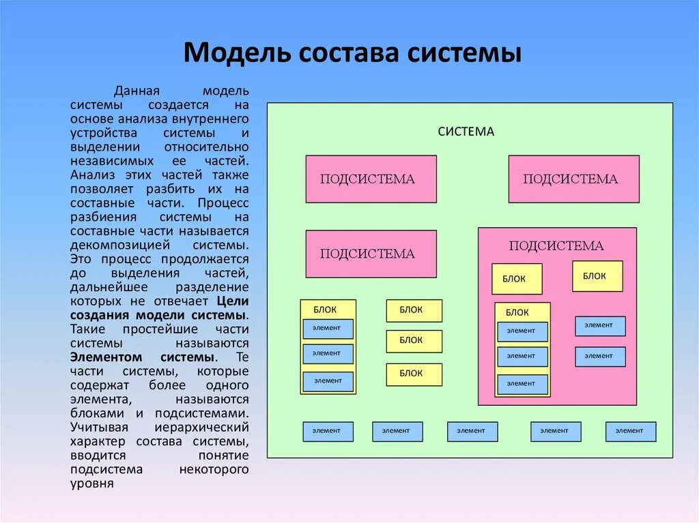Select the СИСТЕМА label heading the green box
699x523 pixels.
pyautogui.click(x=466, y=132)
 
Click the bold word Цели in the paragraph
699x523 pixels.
pyautogui.click(x=233, y=301)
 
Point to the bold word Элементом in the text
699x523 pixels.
pyautogui.click(x=106, y=357)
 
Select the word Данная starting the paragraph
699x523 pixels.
pyautogui.click(x=137, y=91)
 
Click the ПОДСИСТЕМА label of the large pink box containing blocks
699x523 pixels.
pyautogui.click(x=556, y=246)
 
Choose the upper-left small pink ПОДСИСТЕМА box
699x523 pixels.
pyautogui.click(x=371, y=179)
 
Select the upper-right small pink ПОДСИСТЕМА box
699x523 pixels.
pyautogui.click(x=573, y=179)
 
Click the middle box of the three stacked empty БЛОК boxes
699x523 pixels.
pyautogui.click(x=414, y=341)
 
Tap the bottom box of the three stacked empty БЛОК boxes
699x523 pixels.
pyautogui.click(x=414, y=374)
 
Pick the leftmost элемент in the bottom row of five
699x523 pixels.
pyautogui.click(x=328, y=431)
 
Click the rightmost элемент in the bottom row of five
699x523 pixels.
pyautogui.click(x=630, y=431)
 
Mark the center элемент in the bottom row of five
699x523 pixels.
pyautogui.click(x=472, y=431)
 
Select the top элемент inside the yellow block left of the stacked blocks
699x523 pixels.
pyautogui.click(x=328, y=329)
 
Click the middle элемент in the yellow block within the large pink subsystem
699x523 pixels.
pyautogui.click(x=522, y=356)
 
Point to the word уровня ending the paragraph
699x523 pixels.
pyautogui.click(x=91, y=483)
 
